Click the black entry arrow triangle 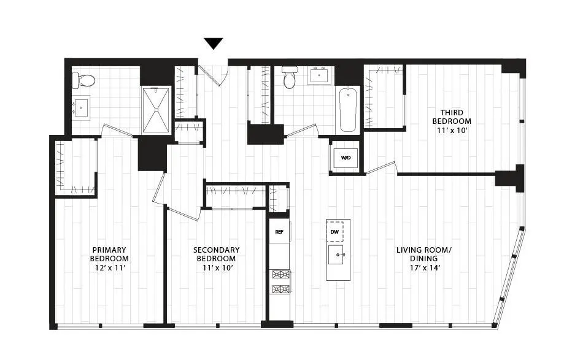tap(213, 44)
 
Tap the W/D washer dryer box tap(346, 158)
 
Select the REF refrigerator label tap(279, 232)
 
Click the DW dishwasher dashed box tap(334, 231)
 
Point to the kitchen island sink tap(338, 255)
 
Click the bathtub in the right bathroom tap(348, 109)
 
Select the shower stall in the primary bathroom tap(156, 110)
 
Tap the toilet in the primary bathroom tap(84, 80)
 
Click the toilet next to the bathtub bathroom tap(290, 78)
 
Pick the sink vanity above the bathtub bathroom tap(319, 76)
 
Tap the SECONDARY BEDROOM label tap(216, 254)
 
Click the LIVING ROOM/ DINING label tap(423, 254)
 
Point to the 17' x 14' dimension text tap(423, 267)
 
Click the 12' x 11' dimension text tap(109, 267)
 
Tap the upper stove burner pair tap(280, 274)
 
